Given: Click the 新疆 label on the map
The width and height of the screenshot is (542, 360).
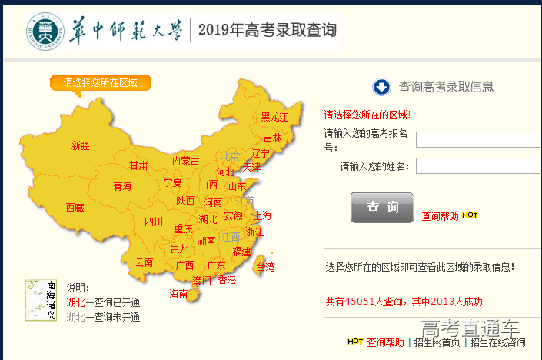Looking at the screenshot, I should (80, 145).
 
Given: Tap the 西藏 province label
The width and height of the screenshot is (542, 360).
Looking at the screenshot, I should (75, 208).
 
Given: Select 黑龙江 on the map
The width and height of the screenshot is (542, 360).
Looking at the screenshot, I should (274, 117).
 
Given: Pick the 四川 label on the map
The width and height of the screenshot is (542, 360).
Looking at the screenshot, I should (154, 222).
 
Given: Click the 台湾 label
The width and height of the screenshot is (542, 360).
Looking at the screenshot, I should (264, 268).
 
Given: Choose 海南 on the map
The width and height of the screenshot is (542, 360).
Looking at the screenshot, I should (178, 294).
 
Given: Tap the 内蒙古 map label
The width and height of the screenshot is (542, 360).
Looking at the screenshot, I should (185, 162).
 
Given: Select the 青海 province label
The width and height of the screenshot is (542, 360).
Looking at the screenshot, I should (122, 186).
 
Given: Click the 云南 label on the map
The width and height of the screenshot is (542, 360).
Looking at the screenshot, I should (144, 262).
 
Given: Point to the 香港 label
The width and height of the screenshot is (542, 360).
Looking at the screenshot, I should (227, 280).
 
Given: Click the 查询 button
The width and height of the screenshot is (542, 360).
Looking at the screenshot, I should (382, 208).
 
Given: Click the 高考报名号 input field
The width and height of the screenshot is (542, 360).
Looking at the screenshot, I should (477, 139).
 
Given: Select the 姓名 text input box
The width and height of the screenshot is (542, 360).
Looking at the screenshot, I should (477, 165).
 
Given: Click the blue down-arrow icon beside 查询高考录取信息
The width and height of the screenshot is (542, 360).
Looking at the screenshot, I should (382, 87).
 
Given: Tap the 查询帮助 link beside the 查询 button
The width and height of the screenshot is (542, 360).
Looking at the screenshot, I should (440, 216).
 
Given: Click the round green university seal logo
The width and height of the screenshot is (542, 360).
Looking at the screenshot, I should (43, 30).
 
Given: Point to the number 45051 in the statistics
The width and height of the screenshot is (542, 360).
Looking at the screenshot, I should (359, 302).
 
